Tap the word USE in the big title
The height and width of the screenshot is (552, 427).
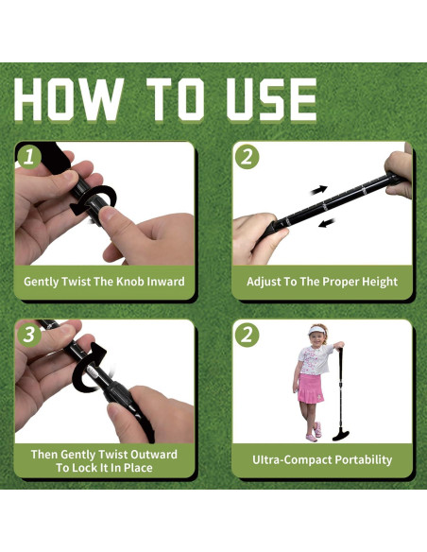(x=271, y=99)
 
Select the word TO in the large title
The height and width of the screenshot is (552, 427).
(x=175, y=99)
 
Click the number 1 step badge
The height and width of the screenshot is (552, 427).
(x=29, y=157)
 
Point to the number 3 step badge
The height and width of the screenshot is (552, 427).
(x=29, y=335)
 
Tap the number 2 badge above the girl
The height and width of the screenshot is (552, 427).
(x=247, y=335)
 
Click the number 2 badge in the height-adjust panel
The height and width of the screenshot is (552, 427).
(x=247, y=157)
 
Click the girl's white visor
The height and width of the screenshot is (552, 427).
(x=316, y=331)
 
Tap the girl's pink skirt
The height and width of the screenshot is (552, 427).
(x=310, y=388)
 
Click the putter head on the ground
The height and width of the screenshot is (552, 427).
(x=341, y=436)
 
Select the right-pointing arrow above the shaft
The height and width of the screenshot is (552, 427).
(x=319, y=190)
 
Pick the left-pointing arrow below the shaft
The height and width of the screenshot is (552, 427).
(x=327, y=223)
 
